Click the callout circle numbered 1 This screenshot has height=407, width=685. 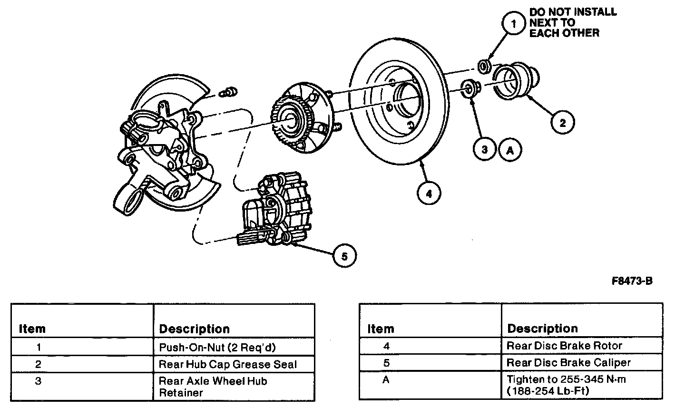tap(513, 23)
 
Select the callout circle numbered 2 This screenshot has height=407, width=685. tap(562, 123)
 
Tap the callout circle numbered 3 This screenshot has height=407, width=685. tap(484, 150)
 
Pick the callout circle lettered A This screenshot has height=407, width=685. tap(510, 150)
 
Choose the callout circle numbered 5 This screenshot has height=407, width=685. tap(344, 257)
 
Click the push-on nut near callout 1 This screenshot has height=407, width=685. tap(484, 66)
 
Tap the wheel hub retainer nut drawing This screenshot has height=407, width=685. tap(470, 88)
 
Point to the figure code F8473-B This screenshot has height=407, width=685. tap(632, 281)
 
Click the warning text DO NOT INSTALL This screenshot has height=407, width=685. tap(573, 12)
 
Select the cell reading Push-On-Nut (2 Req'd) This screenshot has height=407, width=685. tap(217, 347)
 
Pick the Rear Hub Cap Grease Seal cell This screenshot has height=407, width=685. tap(227, 365)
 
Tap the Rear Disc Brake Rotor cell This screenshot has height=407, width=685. tap(564, 346)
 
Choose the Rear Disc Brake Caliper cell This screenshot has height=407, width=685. tap(568, 362)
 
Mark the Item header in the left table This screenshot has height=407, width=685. tap(32, 329)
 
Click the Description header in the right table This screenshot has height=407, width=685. tap(542, 329)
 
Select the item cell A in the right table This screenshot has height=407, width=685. tap(386, 380)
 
